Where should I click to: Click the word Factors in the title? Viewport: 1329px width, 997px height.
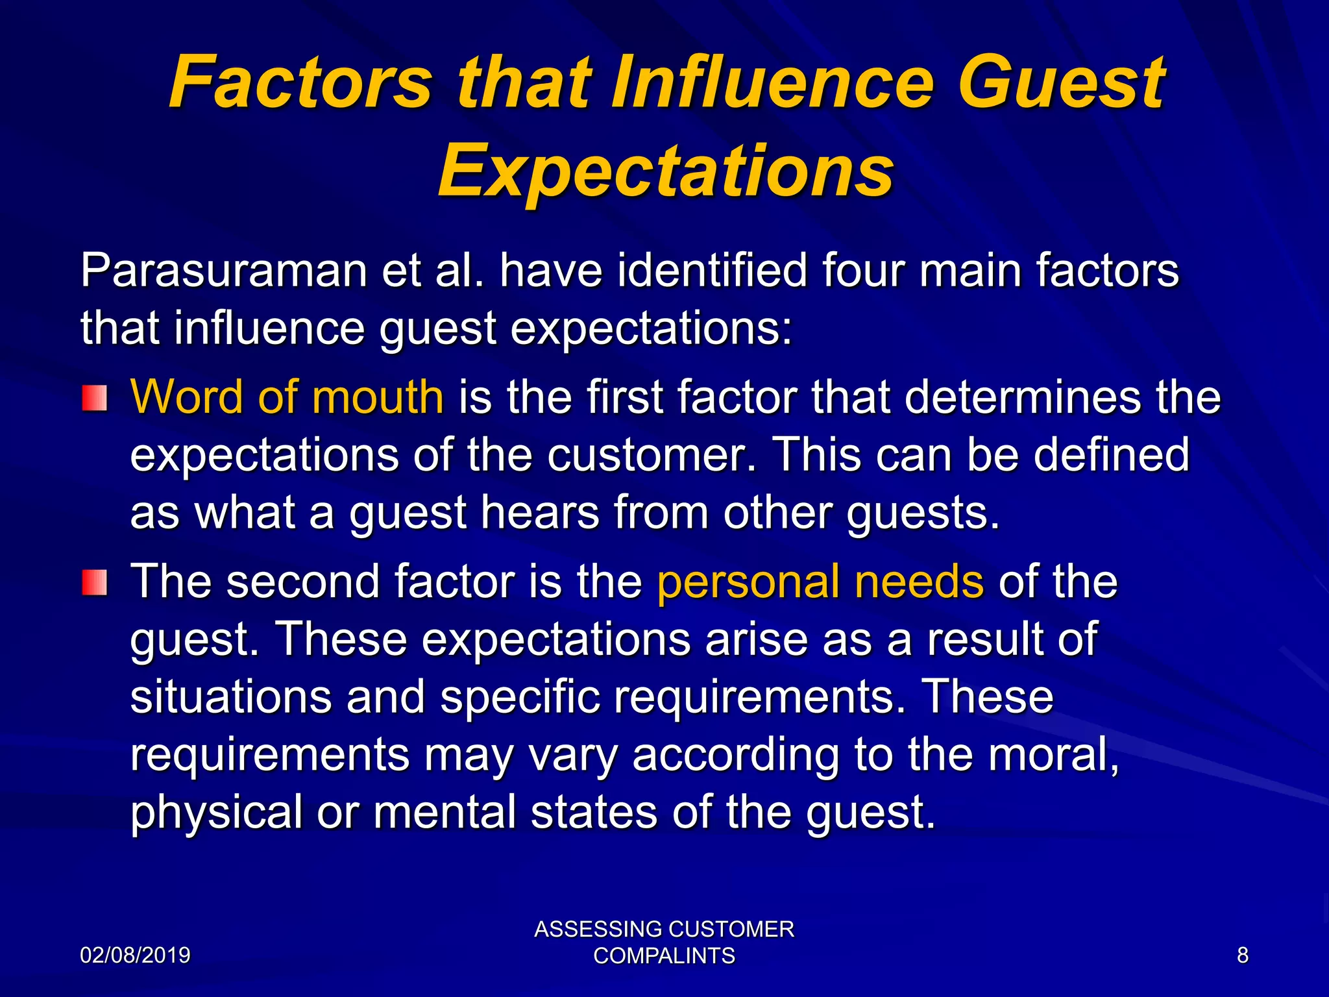[300, 82]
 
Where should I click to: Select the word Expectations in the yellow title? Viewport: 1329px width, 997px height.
[666, 170]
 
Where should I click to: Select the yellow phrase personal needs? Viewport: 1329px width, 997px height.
[820, 581]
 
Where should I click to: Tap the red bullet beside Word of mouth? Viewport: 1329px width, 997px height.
[95, 398]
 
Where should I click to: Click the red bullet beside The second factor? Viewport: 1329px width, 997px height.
[95, 582]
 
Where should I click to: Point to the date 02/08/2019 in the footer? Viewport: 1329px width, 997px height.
[135, 955]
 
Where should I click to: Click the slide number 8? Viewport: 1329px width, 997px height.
[1242, 955]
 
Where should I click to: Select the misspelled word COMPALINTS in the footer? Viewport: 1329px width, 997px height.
[664, 956]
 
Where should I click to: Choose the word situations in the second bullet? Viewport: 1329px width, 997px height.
[230, 696]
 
